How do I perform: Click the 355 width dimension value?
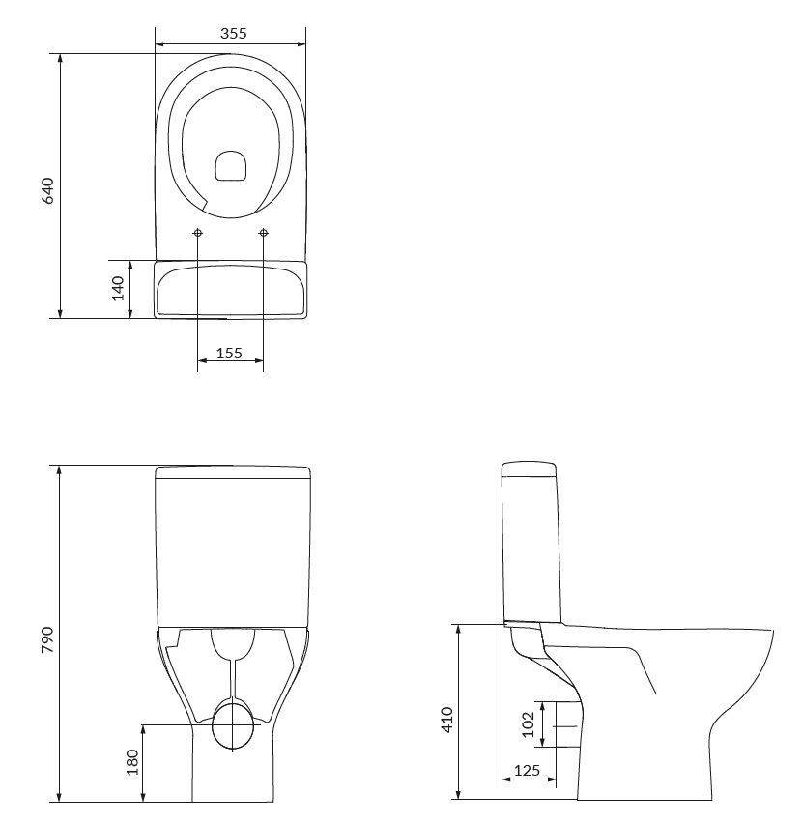[233, 34]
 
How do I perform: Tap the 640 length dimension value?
[47, 191]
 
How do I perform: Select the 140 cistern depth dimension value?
[118, 289]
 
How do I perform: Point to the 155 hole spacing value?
[229, 354]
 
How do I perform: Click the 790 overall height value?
[47, 639]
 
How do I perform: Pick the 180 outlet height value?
[132, 762]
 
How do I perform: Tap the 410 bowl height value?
[446, 720]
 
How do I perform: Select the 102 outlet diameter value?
[529, 724]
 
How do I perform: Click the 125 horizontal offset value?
[527, 770]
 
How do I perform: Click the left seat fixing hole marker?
[198, 232]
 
